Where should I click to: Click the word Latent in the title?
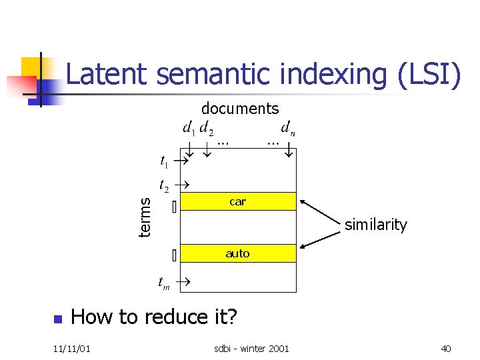coord(107,74)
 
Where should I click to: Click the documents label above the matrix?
coord(240,108)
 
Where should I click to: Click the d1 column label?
coord(189,127)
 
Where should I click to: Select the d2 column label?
coord(207,127)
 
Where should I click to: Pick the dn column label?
coord(288,127)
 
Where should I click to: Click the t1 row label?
coord(163,161)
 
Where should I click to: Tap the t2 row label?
coord(163,184)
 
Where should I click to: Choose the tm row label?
coord(163,283)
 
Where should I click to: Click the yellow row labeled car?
coord(238,201)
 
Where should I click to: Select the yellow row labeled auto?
coord(238,253)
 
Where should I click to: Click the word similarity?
coord(375,225)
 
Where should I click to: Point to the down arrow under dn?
coord(289,151)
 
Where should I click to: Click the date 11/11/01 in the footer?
coord(73,349)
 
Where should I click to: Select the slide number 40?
coord(447,349)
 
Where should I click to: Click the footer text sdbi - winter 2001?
coord(251,349)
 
